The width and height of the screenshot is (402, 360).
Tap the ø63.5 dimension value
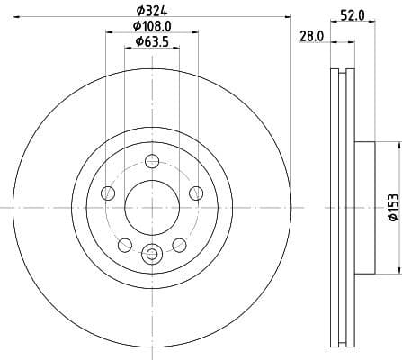click(x=152, y=41)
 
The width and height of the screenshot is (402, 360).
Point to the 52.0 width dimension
click(x=352, y=14)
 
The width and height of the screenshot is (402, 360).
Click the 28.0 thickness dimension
click(x=311, y=35)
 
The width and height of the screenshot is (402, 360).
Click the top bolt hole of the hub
click(x=152, y=162)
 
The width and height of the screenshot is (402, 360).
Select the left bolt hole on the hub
click(x=109, y=193)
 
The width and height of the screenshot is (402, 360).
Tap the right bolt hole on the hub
click(x=195, y=193)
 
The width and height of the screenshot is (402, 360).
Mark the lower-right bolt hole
click(x=179, y=244)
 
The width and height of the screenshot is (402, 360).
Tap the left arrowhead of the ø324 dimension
click(x=15, y=15)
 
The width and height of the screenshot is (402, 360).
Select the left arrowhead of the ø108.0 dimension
click(x=109, y=31)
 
